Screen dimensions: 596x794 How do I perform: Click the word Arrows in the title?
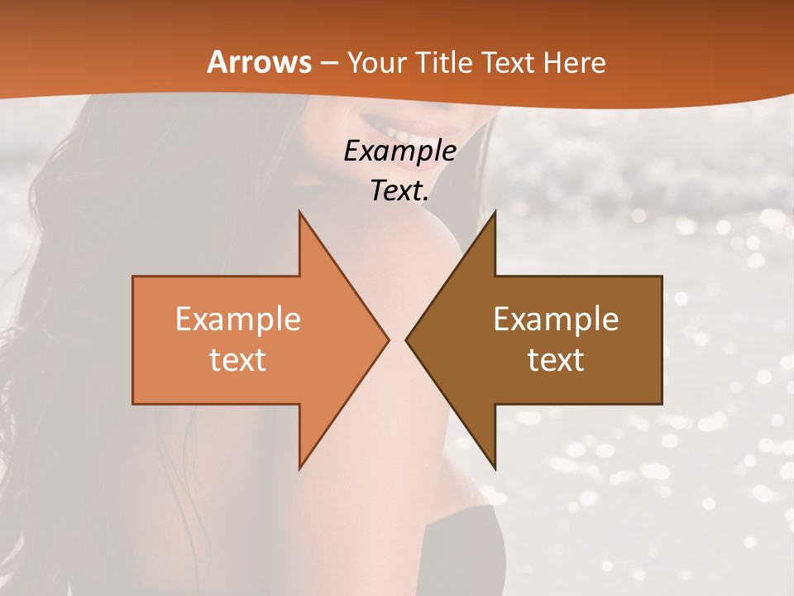pos(259,62)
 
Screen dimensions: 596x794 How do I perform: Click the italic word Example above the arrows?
pos(399,151)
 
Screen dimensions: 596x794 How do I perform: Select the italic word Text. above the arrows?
pos(400,190)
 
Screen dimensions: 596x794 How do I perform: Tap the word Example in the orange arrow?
pos(237,320)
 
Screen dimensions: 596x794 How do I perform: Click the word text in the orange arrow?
pos(237,360)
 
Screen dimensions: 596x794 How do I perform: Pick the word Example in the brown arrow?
pos(556,320)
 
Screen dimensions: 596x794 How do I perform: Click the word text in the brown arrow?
pos(556,360)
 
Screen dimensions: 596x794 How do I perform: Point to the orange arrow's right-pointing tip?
pos(385,339)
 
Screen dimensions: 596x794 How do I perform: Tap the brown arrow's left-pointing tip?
pos(409,339)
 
